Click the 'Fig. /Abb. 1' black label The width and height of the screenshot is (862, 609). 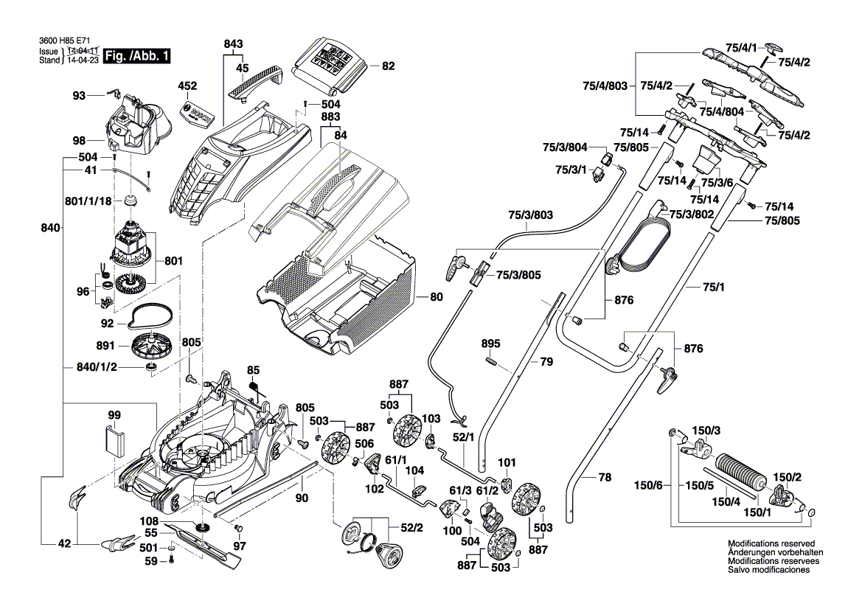pos(138,56)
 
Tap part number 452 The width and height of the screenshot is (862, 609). pos(188,86)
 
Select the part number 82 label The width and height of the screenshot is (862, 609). pos(389,66)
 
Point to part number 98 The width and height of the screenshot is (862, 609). pos(79,141)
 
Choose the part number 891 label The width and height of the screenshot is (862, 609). pos(105,344)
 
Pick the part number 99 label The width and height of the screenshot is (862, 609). pos(114,416)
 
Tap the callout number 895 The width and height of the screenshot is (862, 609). pos(490,344)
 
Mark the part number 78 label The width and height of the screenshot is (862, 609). pos(605,478)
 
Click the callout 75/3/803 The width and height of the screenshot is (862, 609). pos(530,215)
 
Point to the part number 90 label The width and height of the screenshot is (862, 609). pos(302,499)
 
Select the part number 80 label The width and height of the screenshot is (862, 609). pos(437,298)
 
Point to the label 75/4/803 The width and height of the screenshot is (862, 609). pos(609,86)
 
